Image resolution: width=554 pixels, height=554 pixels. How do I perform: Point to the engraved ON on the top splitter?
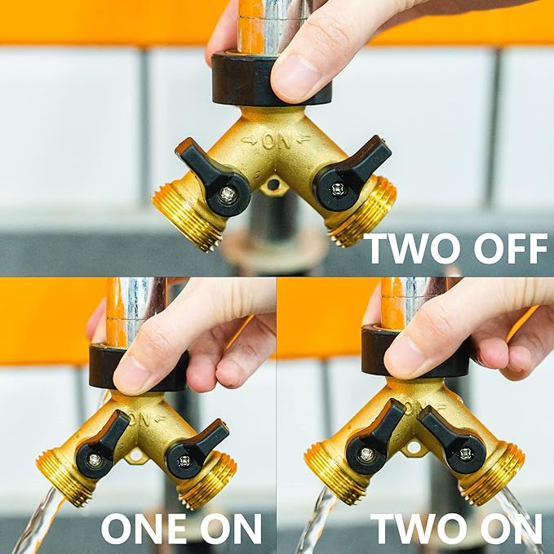(277, 140)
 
